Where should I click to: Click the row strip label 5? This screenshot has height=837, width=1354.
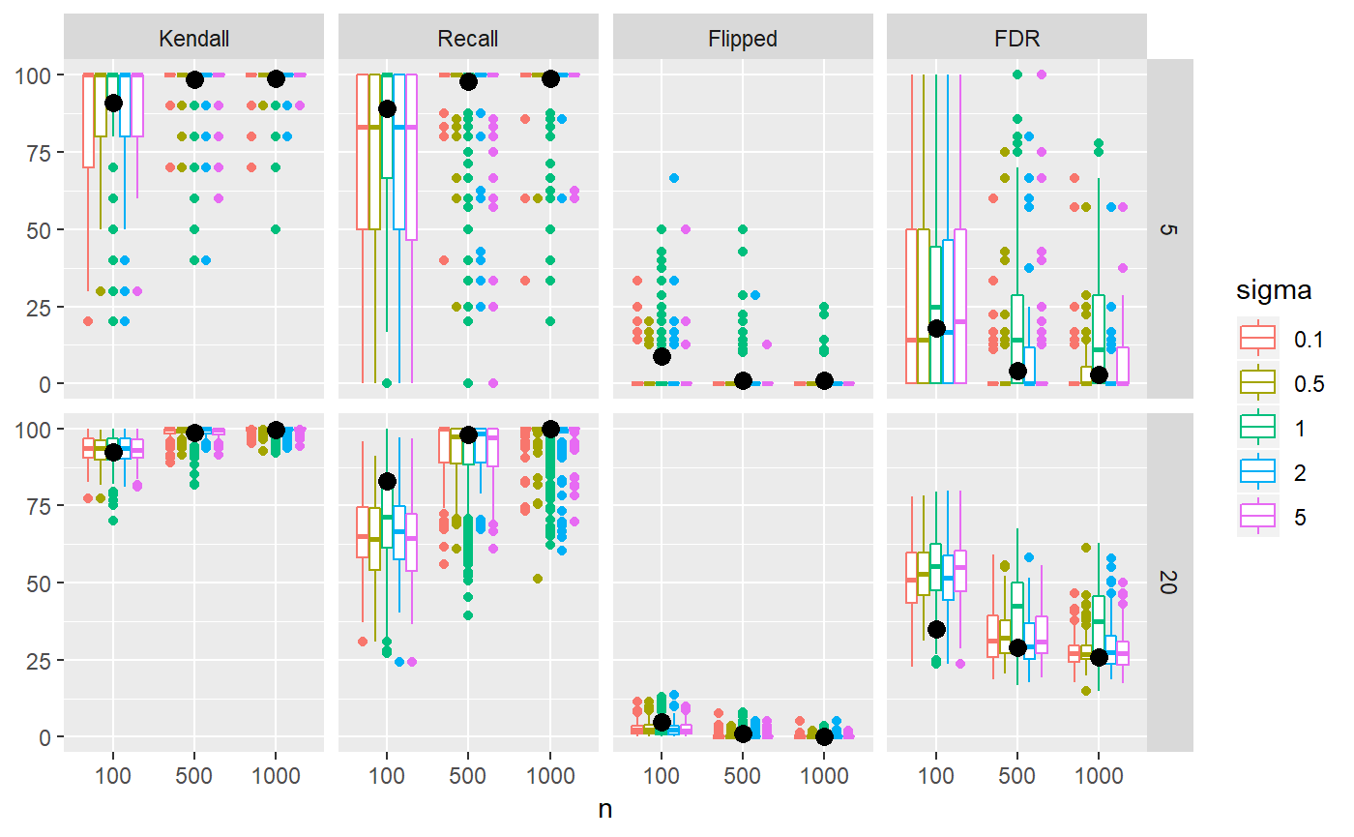[1169, 229]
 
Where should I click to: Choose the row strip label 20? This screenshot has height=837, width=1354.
[1169, 583]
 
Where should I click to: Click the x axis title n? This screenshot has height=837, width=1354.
[605, 810]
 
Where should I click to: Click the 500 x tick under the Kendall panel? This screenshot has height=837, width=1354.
[194, 776]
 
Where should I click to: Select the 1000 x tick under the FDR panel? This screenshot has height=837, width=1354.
[1099, 776]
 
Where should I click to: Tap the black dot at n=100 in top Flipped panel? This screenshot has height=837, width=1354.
[662, 356]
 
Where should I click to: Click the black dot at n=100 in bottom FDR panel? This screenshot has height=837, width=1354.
[936, 629]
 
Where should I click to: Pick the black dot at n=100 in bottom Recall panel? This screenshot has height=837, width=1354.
[387, 481]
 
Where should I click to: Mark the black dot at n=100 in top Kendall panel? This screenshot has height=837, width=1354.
[113, 103]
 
